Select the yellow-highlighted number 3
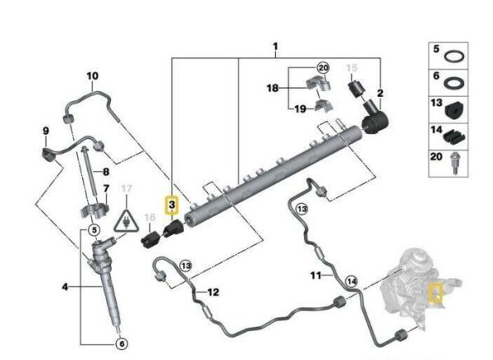[171, 203]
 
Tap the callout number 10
[93, 76]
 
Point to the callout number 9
[46, 132]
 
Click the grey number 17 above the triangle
[127, 189]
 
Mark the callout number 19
[299, 108]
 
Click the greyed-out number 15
[352, 67]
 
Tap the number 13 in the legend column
[437, 108]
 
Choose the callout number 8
[104, 171]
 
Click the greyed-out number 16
[149, 218]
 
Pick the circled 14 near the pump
[352, 282]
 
